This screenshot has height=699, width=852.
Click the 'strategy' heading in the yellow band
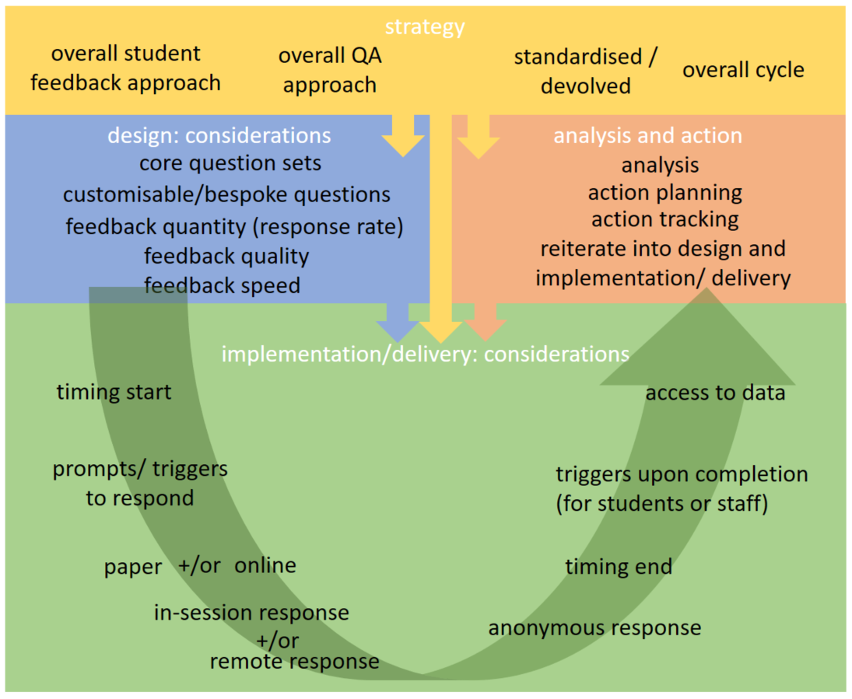click(425, 27)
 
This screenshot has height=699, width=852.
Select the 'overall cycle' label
click(743, 70)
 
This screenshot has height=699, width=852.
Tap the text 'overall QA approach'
click(330, 70)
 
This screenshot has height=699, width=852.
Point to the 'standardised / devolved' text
click(585, 72)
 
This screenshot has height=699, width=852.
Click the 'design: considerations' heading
click(219, 135)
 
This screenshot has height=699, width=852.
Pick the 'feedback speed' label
click(223, 285)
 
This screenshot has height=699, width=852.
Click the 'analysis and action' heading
click(647, 135)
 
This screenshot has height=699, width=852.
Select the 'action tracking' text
click(664, 219)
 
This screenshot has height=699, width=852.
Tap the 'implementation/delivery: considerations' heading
click(425, 354)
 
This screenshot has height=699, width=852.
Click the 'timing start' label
click(114, 392)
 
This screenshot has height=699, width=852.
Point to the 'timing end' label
click(619, 567)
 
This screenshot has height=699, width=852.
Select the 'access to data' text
click(715, 393)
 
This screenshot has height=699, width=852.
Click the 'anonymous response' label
click(594, 627)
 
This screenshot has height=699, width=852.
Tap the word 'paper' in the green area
click(133, 568)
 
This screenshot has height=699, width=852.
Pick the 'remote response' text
click(295, 662)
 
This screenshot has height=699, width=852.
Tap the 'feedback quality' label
click(226, 256)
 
